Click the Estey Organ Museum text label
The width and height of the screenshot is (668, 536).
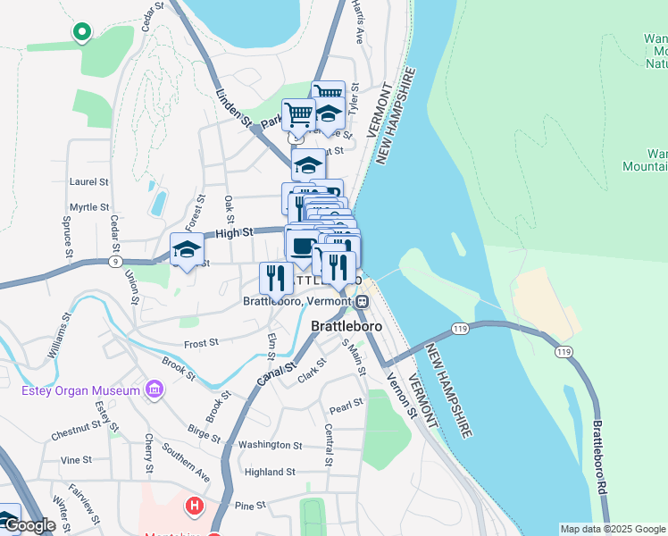pyautogui.click(x=80, y=390)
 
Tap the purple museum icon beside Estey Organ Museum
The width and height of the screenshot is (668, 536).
pyautogui.click(x=155, y=390)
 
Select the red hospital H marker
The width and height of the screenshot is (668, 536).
pyautogui.click(x=194, y=507)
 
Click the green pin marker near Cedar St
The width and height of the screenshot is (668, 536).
pyautogui.click(x=82, y=32)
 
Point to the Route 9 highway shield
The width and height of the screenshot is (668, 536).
pyautogui.click(x=114, y=262)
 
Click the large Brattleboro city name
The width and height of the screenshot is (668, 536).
pyautogui.click(x=347, y=326)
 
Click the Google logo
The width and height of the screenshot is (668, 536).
pyautogui.click(x=29, y=525)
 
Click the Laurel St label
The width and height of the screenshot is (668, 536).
pyautogui.click(x=88, y=181)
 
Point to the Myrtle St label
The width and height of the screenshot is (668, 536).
pyautogui.click(x=88, y=207)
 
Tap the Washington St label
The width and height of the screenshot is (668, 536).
pyautogui.click(x=271, y=445)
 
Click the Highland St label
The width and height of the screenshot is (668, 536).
pyautogui.click(x=270, y=472)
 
